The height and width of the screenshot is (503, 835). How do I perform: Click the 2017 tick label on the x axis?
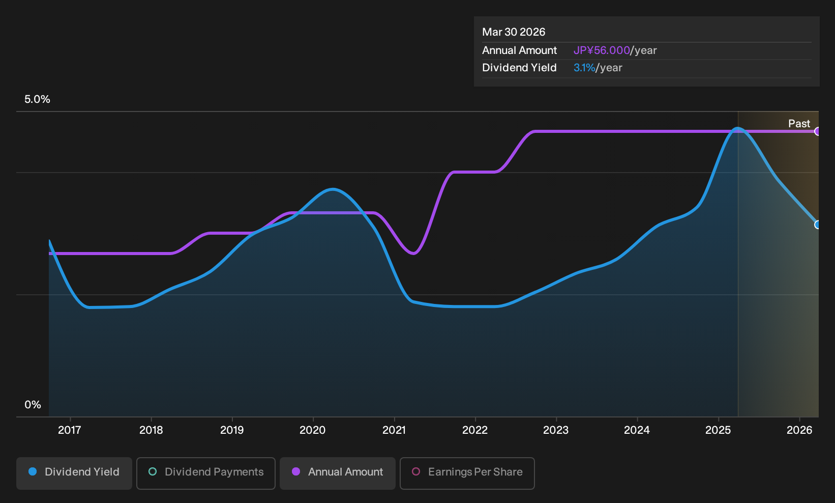[70, 430]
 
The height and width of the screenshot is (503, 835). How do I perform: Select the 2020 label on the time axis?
[313, 430]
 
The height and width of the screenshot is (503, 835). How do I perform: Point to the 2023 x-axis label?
[556, 430]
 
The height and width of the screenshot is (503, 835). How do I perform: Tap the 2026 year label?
[799, 430]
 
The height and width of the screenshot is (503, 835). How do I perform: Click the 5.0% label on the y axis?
[37, 99]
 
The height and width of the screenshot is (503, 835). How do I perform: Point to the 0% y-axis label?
[33, 405]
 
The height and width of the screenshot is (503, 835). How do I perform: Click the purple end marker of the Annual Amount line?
[817, 131]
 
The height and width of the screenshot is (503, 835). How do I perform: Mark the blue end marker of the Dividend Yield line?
[817, 225]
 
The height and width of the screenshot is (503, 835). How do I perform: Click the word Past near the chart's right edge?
[799, 124]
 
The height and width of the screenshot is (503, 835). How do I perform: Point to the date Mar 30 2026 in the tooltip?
[514, 32]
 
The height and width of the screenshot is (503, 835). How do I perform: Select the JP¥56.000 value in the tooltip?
[602, 50]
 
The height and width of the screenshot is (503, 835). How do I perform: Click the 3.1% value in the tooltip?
[584, 68]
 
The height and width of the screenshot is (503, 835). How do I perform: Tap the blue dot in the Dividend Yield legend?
[33, 471]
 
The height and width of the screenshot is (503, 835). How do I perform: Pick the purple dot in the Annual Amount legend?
[296, 471]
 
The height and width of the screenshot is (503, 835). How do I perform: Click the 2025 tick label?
[719, 430]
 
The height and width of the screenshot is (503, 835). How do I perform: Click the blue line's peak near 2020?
[333, 189]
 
